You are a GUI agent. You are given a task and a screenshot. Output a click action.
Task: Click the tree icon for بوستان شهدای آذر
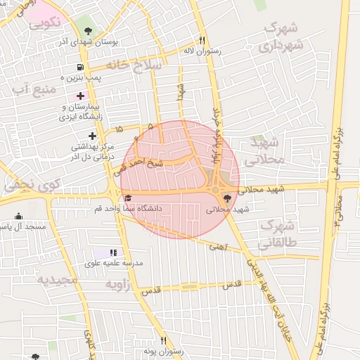point(87,31)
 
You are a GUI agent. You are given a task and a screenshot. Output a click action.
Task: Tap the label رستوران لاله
point(202,51)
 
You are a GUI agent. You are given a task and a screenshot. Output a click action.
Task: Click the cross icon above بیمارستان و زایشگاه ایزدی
point(80,96)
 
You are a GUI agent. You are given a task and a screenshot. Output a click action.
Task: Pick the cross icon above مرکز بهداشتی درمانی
point(92,136)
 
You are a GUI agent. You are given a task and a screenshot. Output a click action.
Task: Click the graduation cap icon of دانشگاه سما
point(127,199)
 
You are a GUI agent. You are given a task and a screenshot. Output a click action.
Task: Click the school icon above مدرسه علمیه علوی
point(112,252)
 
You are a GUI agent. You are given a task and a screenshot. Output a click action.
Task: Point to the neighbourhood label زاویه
point(119,285)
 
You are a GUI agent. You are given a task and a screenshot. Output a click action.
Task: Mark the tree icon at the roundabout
point(226,199)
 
